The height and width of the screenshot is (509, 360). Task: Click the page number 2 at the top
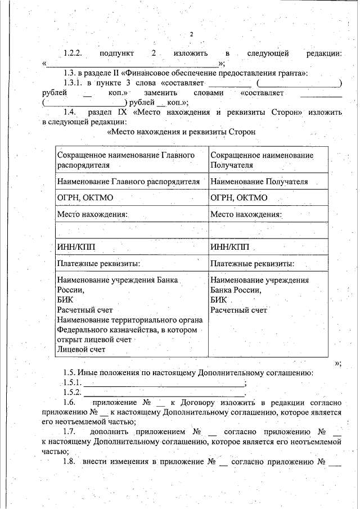pos(191,34)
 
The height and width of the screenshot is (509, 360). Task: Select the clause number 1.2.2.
pos(73,54)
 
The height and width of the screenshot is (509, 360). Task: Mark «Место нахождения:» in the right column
pos(246,214)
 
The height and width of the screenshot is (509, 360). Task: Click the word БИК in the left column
pos(65,300)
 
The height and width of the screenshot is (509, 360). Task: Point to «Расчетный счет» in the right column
pos(238,310)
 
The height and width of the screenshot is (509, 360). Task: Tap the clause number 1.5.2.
pos(73,392)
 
